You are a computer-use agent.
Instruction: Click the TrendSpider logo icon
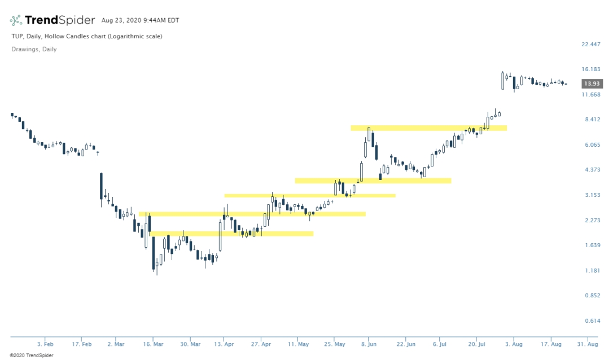coord(16,20)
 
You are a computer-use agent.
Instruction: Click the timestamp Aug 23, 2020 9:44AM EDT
coord(140,20)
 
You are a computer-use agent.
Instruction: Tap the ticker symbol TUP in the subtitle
coord(16,36)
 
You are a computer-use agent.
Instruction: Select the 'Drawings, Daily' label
coord(34,49)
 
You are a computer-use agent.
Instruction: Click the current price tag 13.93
coord(593,84)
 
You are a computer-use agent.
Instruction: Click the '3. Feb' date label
coord(45,344)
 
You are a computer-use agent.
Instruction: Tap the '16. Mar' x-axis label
coord(153,344)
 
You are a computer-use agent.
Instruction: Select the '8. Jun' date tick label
coord(369,344)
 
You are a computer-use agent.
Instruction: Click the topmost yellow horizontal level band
coord(429,128)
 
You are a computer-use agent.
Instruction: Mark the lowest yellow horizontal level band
coord(231,234)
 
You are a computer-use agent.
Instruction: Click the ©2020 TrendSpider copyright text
coord(27,355)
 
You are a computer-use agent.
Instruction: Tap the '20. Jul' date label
coord(478,344)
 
